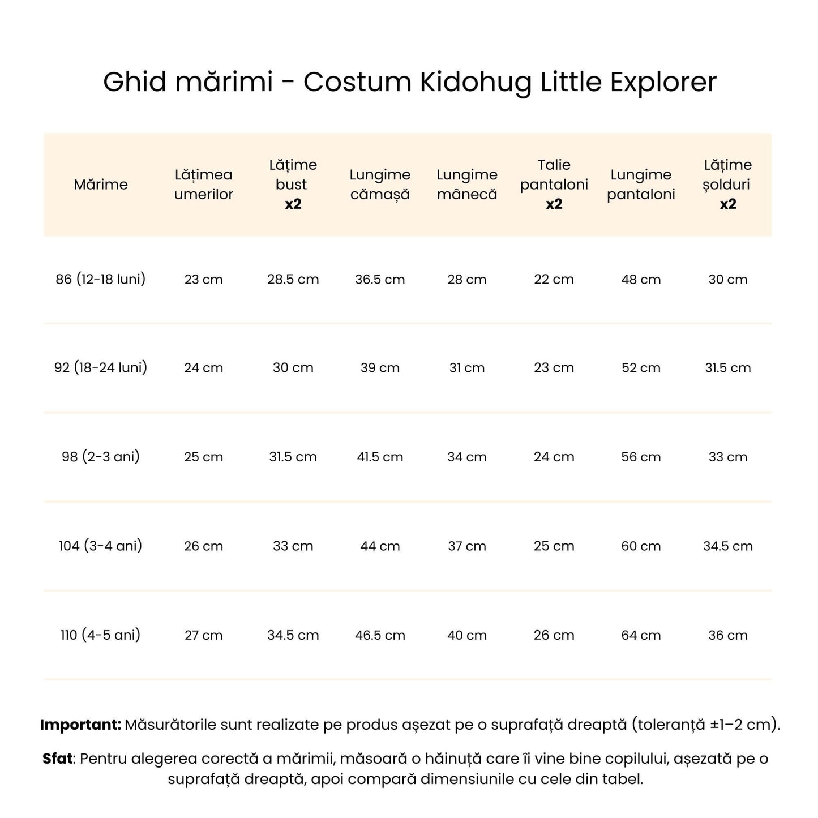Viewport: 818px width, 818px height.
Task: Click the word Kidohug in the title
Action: [x=476, y=83]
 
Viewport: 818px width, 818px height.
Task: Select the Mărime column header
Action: [x=101, y=185]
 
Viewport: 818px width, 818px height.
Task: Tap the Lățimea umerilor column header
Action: [x=204, y=185]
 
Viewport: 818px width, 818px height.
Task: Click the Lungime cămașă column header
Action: [x=380, y=185]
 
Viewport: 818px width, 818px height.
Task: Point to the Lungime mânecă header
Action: [x=467, y=185]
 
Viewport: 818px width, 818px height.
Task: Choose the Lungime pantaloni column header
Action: [x=641, y=185]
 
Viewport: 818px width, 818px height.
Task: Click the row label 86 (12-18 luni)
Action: [x=101, y=279]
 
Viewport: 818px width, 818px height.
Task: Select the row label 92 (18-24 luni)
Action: [x=101, y=367]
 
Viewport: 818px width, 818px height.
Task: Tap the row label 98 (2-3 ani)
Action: [x=101, y=456]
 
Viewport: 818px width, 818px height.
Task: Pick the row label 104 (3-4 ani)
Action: [x=101, y=546]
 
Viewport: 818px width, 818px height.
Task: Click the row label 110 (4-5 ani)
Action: [x=101, y=635]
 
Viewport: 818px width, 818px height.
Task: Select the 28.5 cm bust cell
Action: [x=293, y=280]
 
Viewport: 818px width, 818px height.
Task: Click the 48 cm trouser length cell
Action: [x=641, y=280]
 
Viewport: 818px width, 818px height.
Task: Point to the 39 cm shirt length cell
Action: [x=380, y=368]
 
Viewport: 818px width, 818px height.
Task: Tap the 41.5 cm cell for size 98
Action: [x=380, y=457]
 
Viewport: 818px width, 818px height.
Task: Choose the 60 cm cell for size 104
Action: [x=641, y=546]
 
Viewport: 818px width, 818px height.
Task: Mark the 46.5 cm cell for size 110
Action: [x=380, y=635]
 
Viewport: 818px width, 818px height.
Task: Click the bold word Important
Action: [x=80, y=725]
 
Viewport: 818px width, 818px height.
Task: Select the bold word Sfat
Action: [x=58, y=759]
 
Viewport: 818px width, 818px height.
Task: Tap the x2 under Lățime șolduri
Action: [x=728, y=204]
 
